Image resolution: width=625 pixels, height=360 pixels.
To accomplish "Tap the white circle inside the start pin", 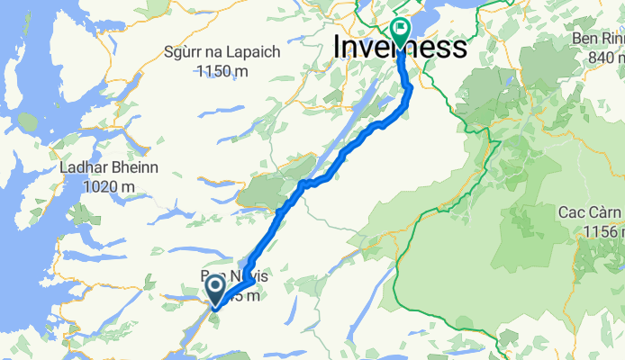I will coord(217,287).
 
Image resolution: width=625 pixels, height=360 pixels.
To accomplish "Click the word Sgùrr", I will coord(186,52).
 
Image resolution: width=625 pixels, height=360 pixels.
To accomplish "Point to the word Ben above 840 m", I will coord(584,40).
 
